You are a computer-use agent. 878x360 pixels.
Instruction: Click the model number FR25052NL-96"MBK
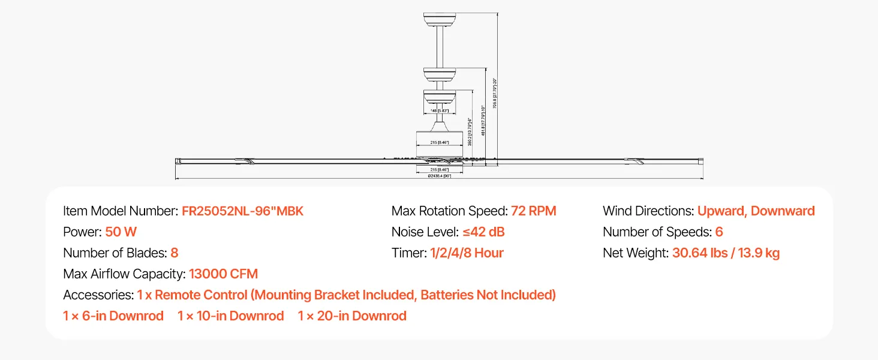242,211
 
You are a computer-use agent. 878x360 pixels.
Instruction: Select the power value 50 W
121,232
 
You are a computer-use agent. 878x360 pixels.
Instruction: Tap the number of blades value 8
175,253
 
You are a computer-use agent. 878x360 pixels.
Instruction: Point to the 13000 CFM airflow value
223,274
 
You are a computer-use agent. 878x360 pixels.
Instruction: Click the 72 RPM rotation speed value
533,211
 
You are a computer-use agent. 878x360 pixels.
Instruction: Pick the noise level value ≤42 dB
483,232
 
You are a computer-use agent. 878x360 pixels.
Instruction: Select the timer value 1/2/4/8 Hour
467,253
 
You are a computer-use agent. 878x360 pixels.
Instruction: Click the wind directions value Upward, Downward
756,211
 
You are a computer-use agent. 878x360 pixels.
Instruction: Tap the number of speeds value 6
719,232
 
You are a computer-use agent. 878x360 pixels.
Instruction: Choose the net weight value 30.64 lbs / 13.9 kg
726,253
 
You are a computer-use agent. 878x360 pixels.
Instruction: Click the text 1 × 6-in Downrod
113,316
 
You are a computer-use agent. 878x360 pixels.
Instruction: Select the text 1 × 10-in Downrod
231,316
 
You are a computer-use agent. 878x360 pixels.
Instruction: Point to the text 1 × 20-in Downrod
352,316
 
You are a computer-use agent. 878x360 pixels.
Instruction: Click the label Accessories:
98,295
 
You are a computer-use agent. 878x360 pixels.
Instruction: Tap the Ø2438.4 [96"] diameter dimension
439,176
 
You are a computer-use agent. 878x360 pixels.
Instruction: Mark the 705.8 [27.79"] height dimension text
495,93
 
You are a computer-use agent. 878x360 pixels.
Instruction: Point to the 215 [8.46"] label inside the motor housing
440,142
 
